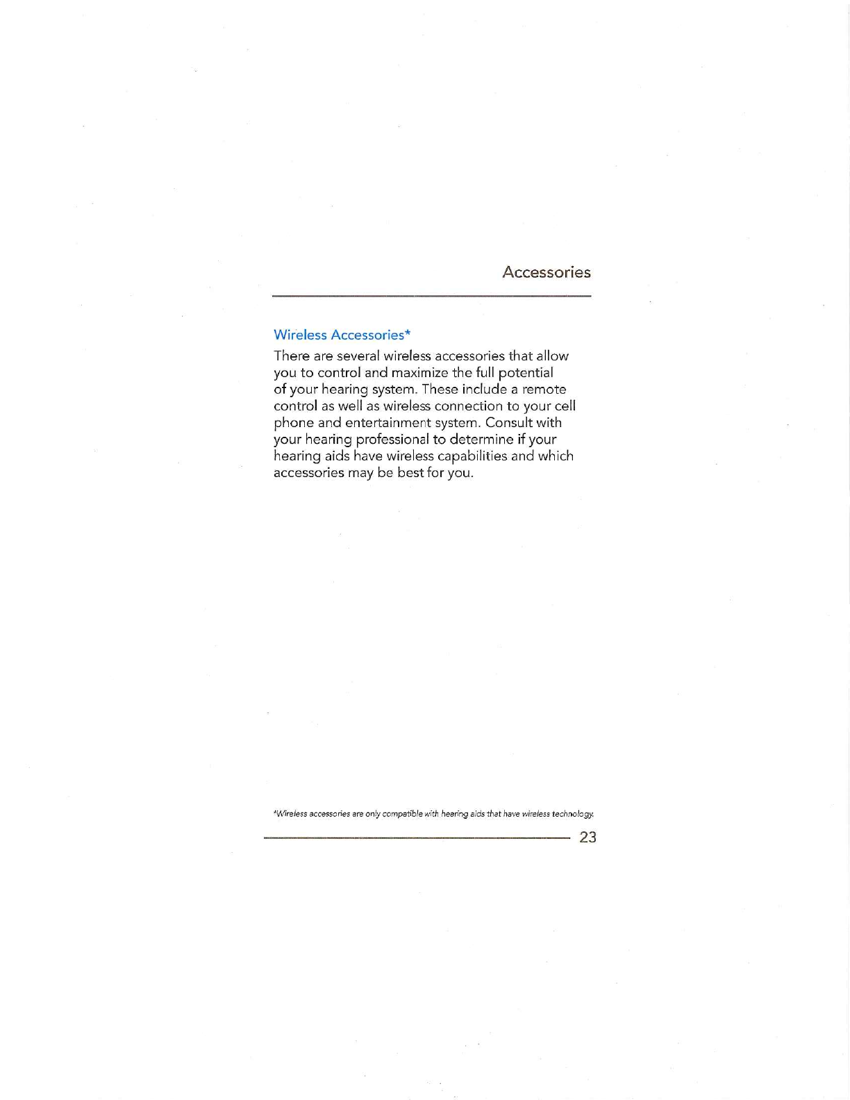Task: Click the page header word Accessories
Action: (x=546, y=272)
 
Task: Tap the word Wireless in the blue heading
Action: (x=300, y=335)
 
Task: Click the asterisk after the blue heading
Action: (x=408, y=333)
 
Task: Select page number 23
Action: (x=587, y=837)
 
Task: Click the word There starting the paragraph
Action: (x=292, y=356)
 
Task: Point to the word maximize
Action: (x=419, y=373)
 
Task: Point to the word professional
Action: (x=392, y=440)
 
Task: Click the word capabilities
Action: (x=472, y=456)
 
